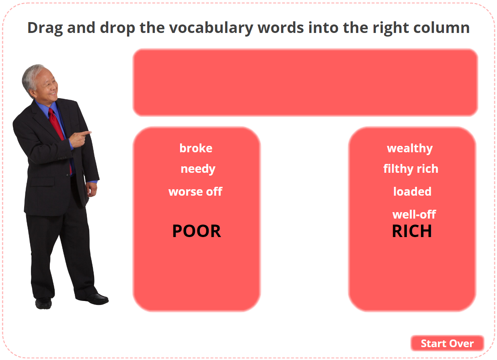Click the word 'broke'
click(196, 148)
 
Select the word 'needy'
click(198, 169)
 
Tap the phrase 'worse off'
click(195, 192)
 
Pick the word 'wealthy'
click(410, 149)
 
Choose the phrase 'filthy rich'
click(411, 169)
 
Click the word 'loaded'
click(412, 192)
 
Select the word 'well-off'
click(414, 215)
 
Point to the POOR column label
click(197, 231)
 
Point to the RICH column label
click(412, 231)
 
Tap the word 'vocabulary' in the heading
click(211, 29)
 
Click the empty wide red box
click(305, 82)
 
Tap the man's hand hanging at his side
click(91, 190)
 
